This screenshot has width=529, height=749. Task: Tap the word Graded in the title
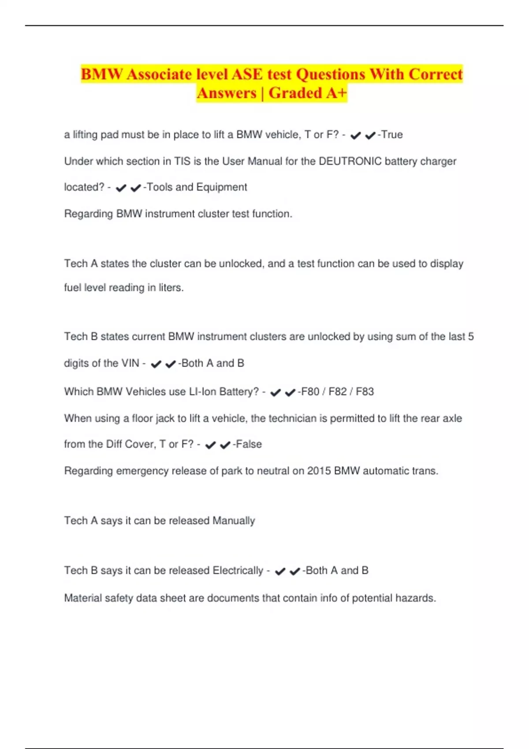[295, 93]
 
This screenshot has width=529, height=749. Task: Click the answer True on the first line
[392, 134]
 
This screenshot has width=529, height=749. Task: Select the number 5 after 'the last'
[471, 337]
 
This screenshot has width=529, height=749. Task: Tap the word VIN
[130, 363]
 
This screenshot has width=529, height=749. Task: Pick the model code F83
[365, 392]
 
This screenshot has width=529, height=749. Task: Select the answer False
[249, 444]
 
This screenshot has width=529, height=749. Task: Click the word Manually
[234, 521]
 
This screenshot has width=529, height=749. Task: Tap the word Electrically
[238, 571]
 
